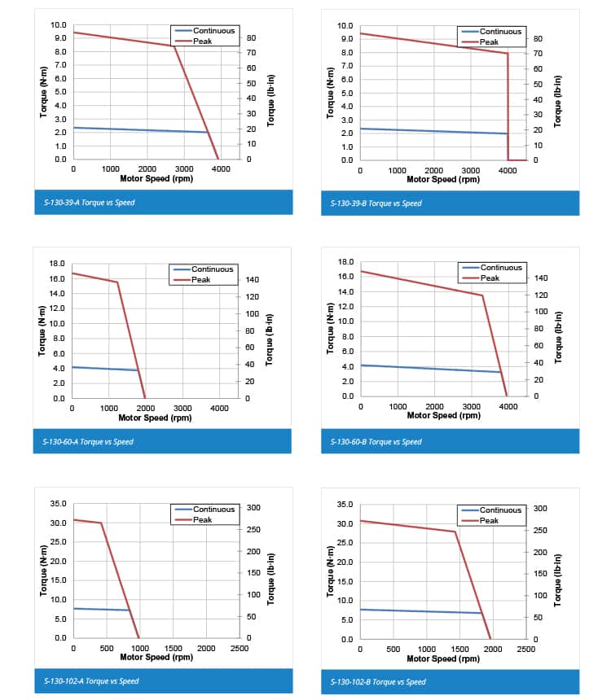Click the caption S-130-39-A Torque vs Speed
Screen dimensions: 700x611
click(89, 202)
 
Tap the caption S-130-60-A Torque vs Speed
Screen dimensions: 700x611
click(88, 441)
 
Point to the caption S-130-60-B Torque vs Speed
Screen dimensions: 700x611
click(376, 441)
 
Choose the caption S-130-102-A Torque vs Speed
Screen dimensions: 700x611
click(90, 680)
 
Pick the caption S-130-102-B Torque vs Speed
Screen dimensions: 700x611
click(378, 681)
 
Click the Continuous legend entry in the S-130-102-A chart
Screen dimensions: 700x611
click(213, 510)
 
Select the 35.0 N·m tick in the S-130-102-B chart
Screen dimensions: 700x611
click(345, 505)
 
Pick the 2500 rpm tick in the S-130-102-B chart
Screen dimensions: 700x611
click(525, 650)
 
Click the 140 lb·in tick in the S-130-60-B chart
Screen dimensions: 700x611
click(542, 278)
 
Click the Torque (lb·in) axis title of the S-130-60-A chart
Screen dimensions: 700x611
click(270, 331)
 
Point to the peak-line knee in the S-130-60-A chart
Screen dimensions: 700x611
click(117, 282)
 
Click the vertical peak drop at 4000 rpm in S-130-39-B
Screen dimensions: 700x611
click(508, 106)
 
